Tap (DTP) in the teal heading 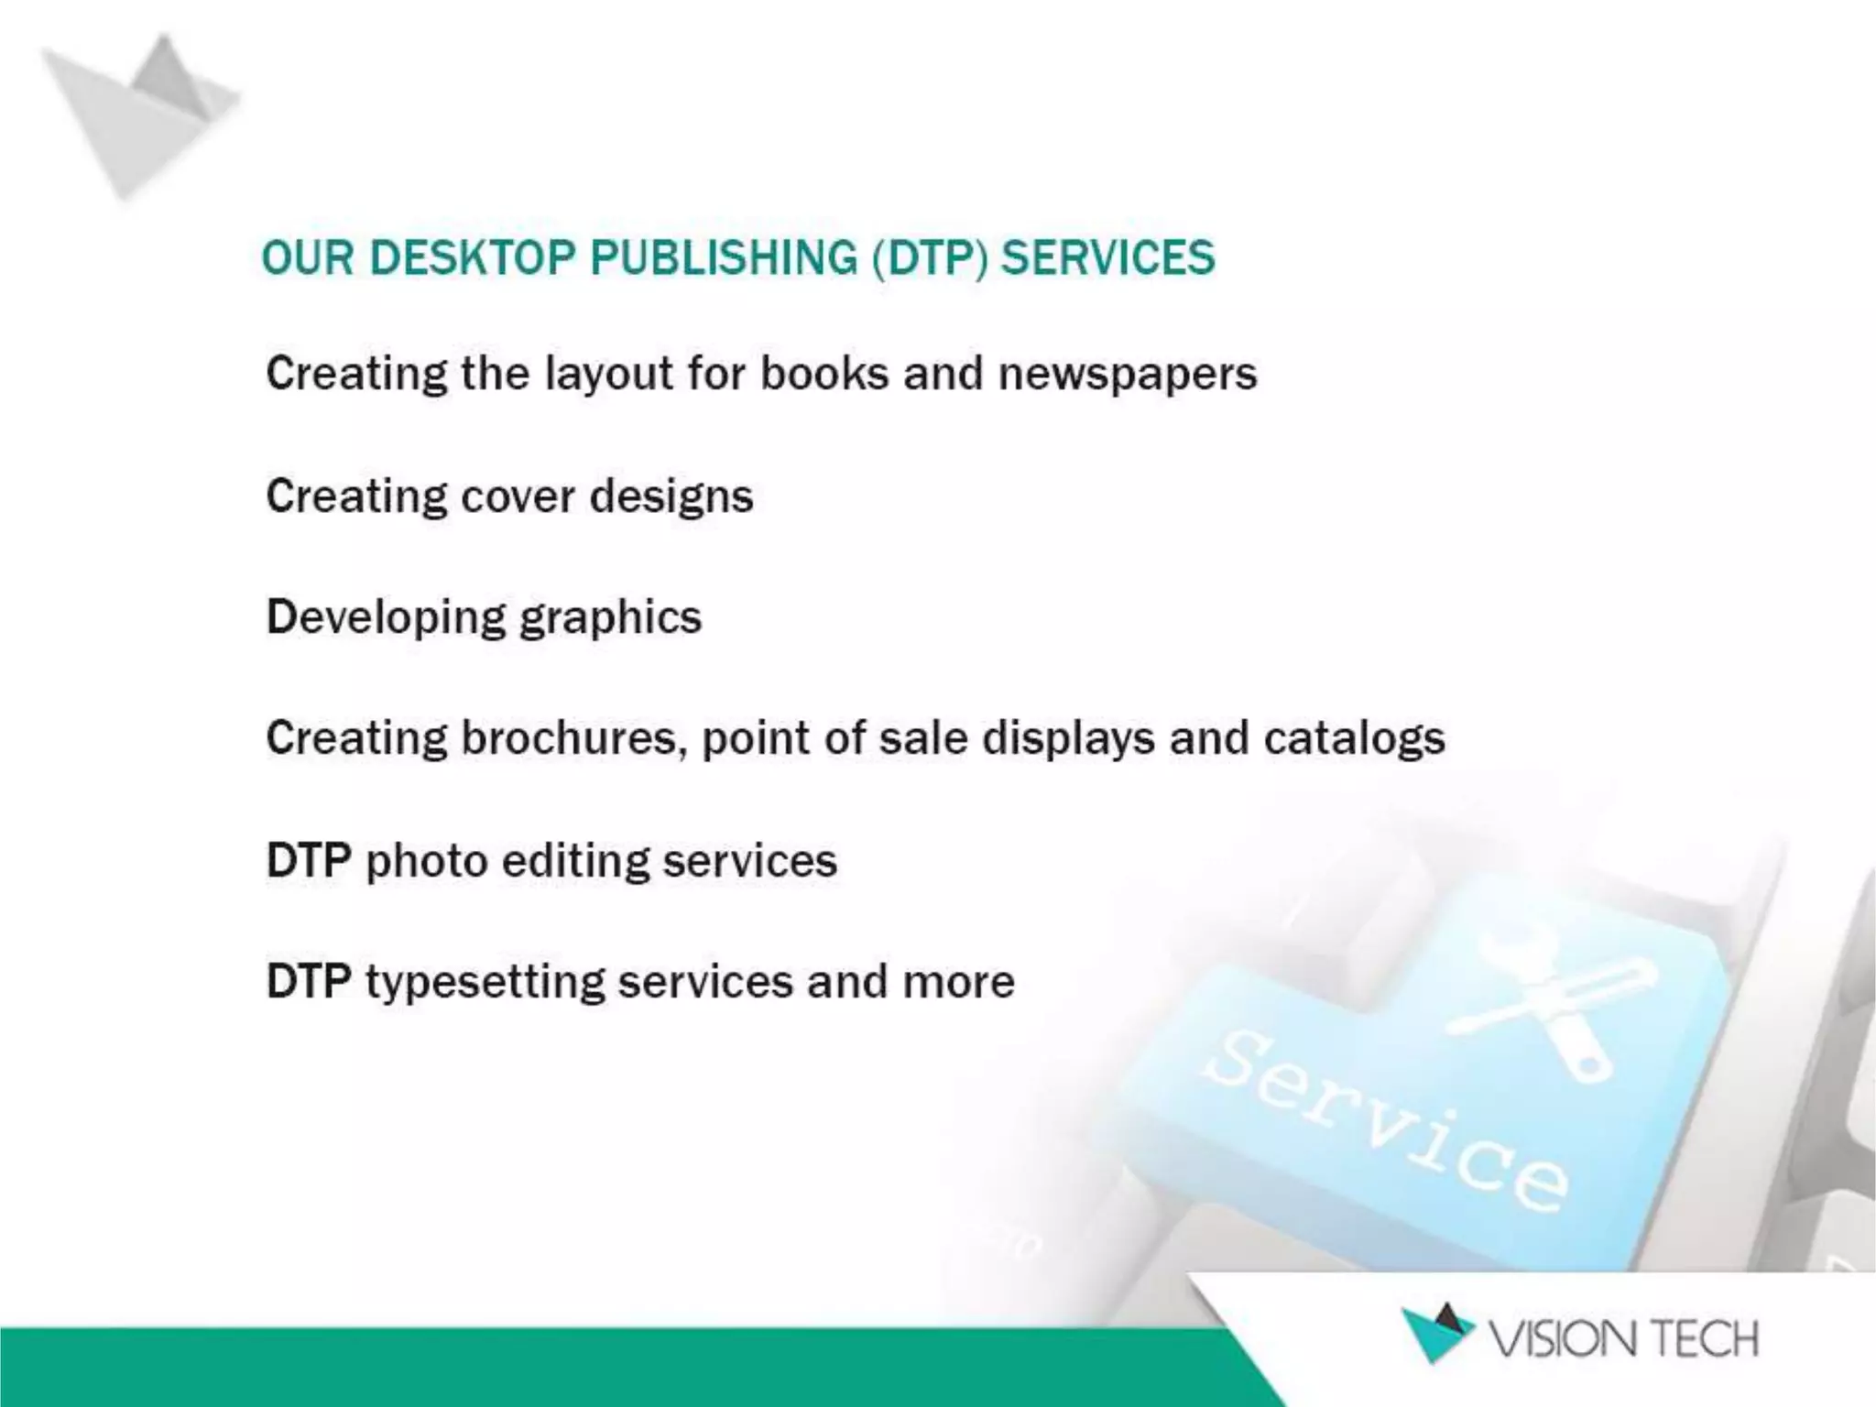click(x=930, y=257)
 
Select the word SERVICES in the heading click(x=1107, y=257)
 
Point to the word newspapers click(x=1128, y=375)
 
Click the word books click(x=824, y=374)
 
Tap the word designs click(x=671, y=497)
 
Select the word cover click(x=518, y=497)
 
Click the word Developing click(x=386, y=618)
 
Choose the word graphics click(x=610, y=618)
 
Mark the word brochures click(x=573, y=738)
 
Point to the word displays click(x=1068, y=739)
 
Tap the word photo click(x=426, y=861)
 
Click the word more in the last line click(x=958, y=982)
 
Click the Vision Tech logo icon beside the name click(x=1436, y=1333)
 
